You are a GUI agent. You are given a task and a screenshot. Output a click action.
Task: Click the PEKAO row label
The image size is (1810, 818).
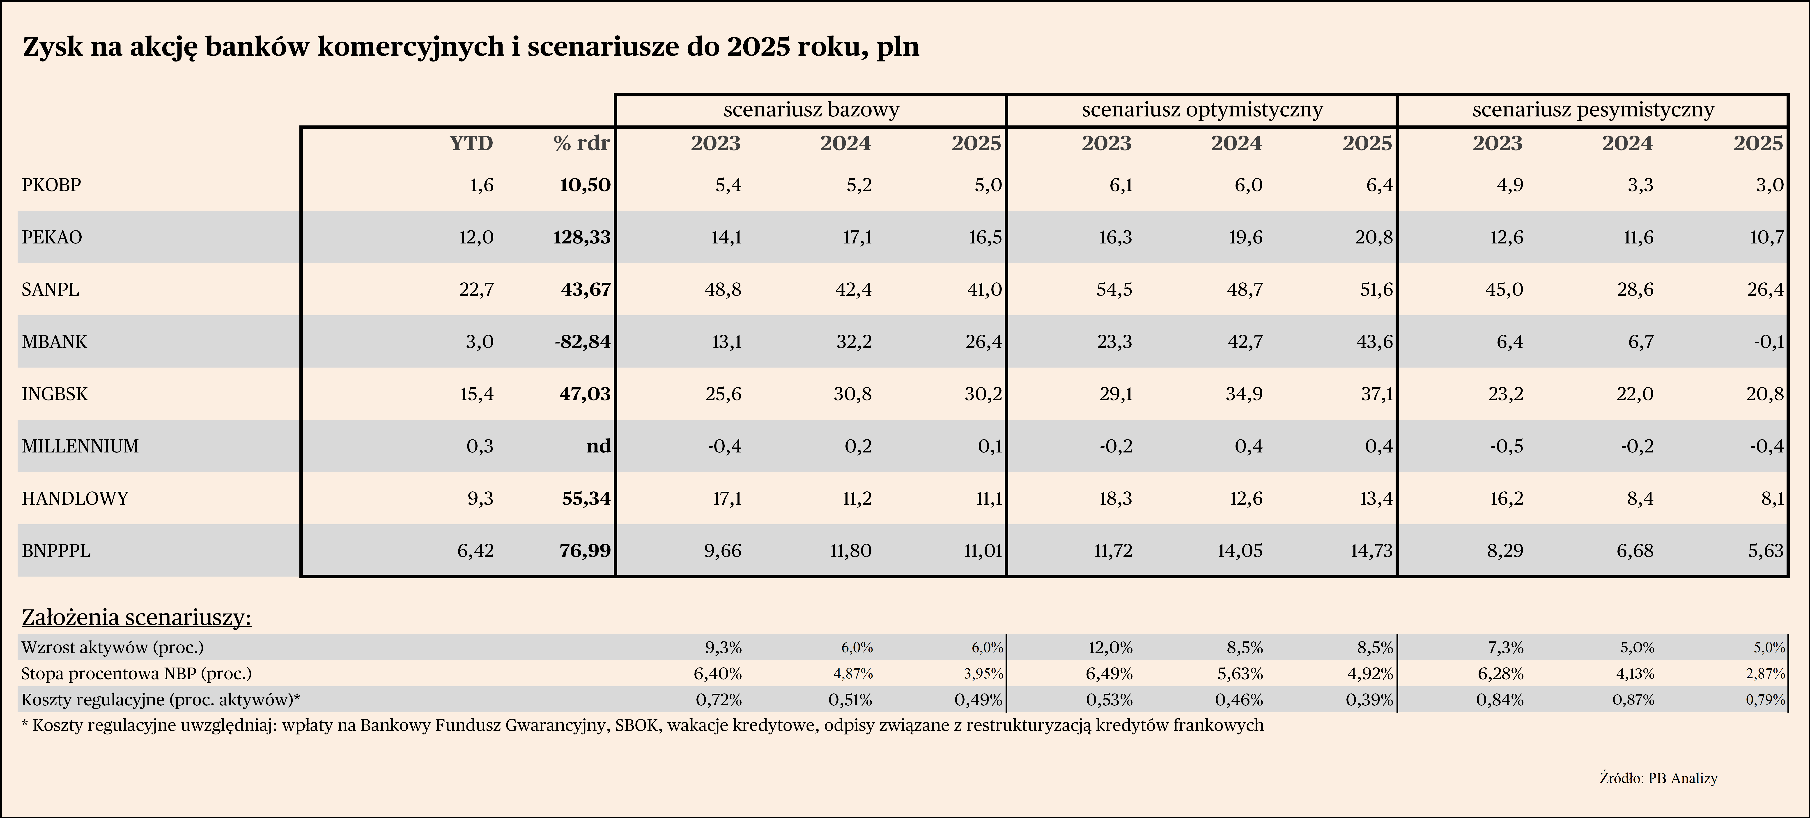point(52,237)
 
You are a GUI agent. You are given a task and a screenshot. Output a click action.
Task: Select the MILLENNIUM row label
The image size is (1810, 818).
point(80,446)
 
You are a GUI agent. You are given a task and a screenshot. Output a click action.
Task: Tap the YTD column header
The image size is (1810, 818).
point(471,143)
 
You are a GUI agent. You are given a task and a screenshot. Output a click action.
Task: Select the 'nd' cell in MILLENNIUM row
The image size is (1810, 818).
point(599,446)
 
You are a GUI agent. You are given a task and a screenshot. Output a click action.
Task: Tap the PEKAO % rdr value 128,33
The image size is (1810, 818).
point(583,237)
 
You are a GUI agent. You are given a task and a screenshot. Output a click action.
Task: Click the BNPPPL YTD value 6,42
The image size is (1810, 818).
point(476,550)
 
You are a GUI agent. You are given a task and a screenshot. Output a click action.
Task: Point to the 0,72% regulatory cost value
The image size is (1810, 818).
point(718,700)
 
